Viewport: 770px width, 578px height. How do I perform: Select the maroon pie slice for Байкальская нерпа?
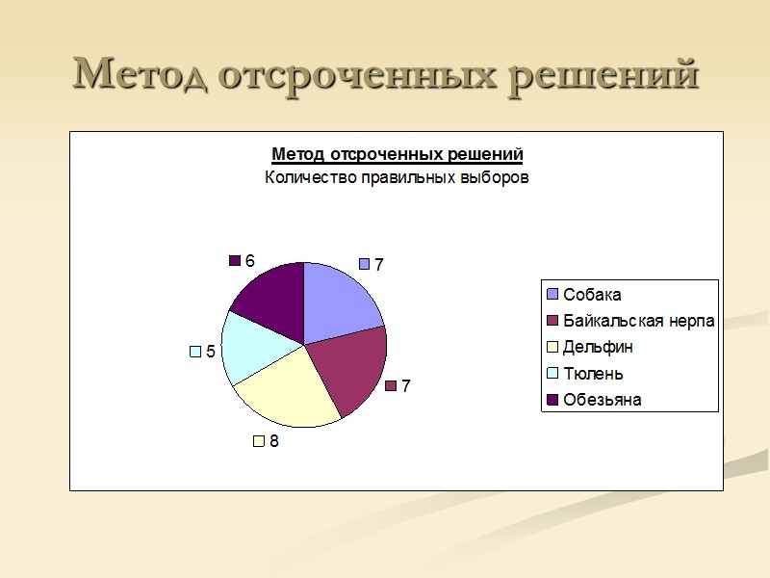tap(351, 371)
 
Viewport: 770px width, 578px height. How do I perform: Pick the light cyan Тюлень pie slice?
tap(252, 347)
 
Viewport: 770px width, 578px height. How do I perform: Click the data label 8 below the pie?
tap(274, 441)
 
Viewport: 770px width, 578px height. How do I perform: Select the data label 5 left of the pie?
tap(210, 352)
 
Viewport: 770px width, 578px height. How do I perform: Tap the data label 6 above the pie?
tap(249, 261)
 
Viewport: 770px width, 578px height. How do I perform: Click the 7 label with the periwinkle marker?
tap(378, 264)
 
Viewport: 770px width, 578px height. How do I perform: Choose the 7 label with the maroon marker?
tap(405, 386)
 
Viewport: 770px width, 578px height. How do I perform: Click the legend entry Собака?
tap(592, 295)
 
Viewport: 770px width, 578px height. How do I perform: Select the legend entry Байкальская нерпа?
tap(638, 321)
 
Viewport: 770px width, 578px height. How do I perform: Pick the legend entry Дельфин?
tap(598, 347)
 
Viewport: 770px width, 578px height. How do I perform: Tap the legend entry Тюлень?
tap(593, 373)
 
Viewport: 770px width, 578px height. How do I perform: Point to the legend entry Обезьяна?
tap(602, 399)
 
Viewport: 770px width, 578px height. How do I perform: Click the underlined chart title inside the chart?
tap(397, 154)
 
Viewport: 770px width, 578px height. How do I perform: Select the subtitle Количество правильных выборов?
tap(397, 178)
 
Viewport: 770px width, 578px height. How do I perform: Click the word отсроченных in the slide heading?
tap(356, 75)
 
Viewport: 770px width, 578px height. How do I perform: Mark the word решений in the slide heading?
tap(604, 75)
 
